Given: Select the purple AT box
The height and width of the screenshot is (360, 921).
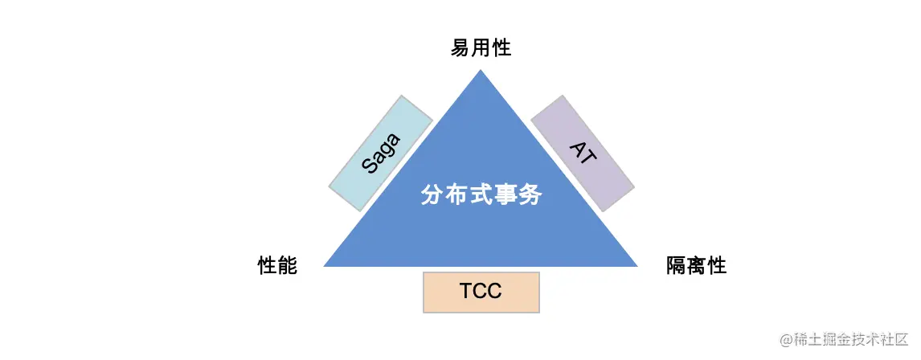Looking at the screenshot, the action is pos(583,153).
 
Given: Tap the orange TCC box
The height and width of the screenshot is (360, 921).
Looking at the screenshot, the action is pos(481,291).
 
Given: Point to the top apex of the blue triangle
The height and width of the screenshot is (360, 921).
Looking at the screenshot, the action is pos(481,72).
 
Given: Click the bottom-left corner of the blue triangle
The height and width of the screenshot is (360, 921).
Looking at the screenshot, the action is pos(325,265).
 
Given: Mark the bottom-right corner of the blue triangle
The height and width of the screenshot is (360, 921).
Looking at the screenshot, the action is pos(636,265).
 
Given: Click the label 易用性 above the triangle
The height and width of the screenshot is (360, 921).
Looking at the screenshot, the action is pos(481,48).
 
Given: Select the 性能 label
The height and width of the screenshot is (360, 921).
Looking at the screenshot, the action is pos(277,266).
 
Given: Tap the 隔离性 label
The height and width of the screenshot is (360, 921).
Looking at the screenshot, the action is pos(696,266).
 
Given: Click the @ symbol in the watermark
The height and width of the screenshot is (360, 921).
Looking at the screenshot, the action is pos(787,340).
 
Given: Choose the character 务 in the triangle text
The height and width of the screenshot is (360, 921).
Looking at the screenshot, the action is pos(531,195).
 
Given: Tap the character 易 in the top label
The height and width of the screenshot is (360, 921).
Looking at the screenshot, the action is pos(460,48).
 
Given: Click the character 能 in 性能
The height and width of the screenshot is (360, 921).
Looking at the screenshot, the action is pos(288,266).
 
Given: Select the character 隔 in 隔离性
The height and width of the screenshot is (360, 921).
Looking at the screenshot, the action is pos(676,266).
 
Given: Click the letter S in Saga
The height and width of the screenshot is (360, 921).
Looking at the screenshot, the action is pos(370,166).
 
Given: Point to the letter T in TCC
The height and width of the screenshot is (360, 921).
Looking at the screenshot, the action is pos(467,291).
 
